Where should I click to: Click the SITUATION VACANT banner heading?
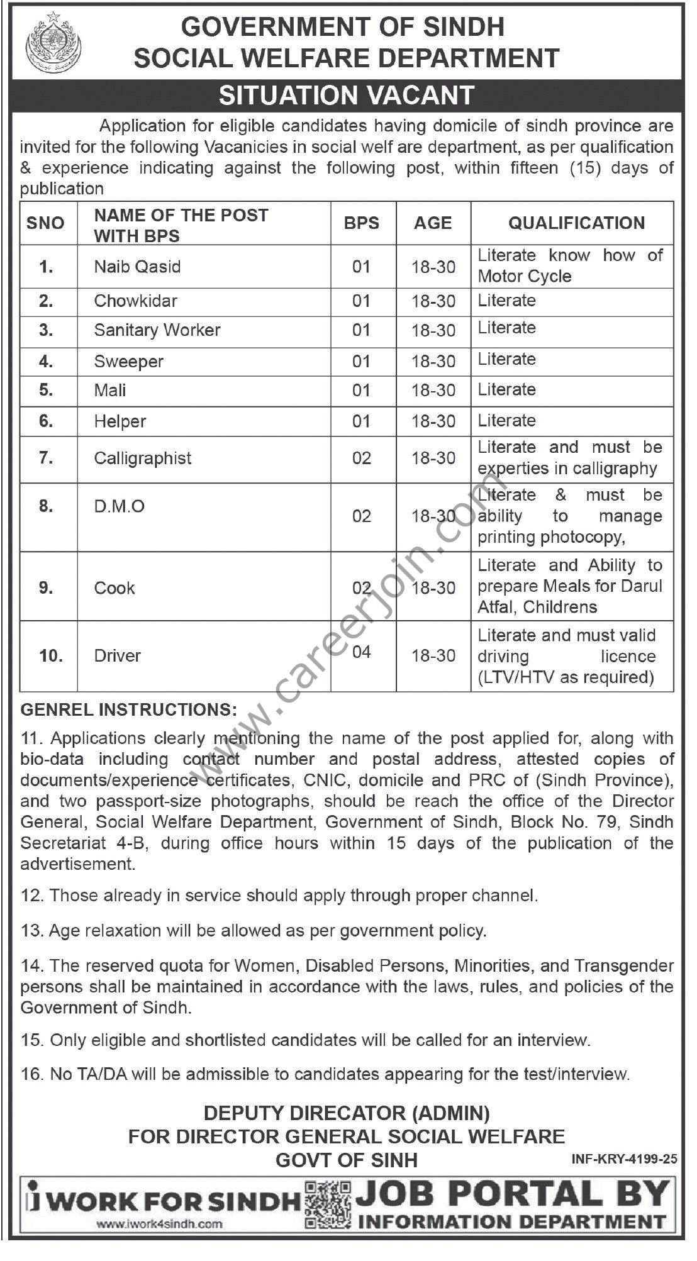pos(347,96)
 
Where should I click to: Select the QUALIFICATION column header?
pos(576,223)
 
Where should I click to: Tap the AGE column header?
pos(433,223)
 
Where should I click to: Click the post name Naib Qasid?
pos(137,267)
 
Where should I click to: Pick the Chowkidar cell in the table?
pos(135,301)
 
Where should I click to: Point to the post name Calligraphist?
pos(143,458)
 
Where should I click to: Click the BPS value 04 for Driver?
pos(362,652)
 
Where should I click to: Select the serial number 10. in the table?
pos(51,655)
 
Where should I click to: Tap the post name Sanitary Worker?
pos(157,330)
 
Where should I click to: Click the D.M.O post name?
pos(120,506)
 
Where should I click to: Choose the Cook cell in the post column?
pos(114,588)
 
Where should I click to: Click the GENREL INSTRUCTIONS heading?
pos(129,710)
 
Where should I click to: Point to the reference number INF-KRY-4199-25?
pos(624,1158)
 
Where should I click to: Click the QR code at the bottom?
pos(328,1204)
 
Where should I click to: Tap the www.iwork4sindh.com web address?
pos(160,1224)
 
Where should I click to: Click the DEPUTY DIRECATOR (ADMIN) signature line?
pos(347,1113)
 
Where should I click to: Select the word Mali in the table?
pos(110,390)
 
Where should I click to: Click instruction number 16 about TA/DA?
pos(325,1074)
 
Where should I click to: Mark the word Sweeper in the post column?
pos(129,362)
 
